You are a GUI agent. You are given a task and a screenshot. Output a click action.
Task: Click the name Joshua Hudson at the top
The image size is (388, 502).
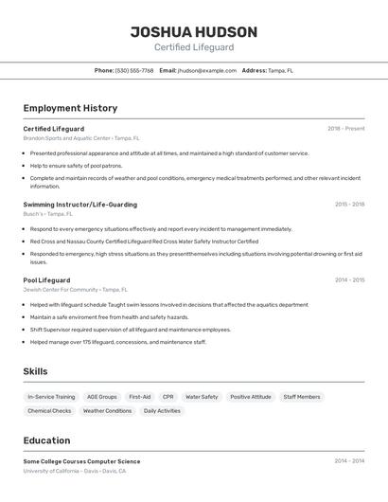[x=194, y=31]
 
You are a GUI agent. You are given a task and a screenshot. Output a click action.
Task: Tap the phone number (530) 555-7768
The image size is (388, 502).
[x=134, y=70]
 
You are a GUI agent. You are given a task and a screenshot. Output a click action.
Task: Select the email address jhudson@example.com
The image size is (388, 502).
[x=207, y=70]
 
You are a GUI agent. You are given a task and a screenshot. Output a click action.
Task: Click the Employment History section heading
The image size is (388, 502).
[x=70, y=108]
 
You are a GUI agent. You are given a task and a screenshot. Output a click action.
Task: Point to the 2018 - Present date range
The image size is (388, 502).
[x=345, y=129]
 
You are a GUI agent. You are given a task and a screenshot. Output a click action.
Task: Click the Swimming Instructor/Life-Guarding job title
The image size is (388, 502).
[x=79, y=205]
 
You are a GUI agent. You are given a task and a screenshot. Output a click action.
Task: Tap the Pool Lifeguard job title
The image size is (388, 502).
[x=46, y=280]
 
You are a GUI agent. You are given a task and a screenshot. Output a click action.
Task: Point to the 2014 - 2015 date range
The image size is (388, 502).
[x=349, y=280]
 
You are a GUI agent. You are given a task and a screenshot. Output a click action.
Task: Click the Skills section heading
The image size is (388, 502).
[x=35, y=371]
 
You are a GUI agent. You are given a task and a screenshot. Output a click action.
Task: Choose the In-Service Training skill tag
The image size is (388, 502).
[x=51, y=397]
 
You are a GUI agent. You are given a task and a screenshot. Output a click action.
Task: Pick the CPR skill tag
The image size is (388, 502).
[x=168, y=397]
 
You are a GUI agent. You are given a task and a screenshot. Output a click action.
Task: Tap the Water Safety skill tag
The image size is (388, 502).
[x=202, y=397]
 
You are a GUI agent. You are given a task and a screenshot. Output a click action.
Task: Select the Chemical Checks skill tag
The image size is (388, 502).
[x=49, y=411]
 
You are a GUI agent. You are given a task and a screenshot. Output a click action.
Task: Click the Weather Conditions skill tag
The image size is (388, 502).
[x=107, y=411]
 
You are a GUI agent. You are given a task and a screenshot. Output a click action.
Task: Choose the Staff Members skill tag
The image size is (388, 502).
[x=302, y=397]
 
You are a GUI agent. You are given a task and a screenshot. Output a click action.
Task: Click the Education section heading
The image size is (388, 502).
[x=46, y=440]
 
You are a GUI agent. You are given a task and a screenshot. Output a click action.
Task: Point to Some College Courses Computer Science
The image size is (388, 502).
[x=81, y=461]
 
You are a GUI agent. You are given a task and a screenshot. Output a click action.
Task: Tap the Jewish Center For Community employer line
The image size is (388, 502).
[x=75, y=290]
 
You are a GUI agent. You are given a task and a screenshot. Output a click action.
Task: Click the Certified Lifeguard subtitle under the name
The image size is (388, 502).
[x=194, y=47]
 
